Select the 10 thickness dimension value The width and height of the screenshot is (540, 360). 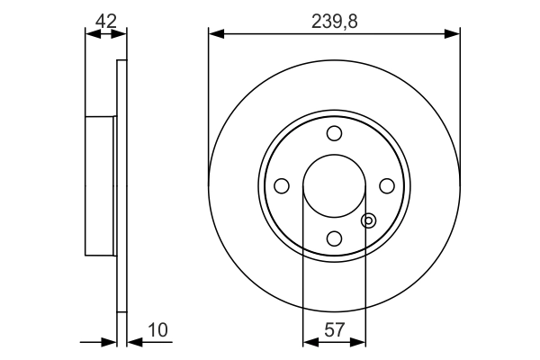(x=157, y=331)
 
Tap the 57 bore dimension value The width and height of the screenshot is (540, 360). (x=335, y=331)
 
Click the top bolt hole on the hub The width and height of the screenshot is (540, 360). (x=335, y=134)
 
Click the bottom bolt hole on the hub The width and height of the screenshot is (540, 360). (x=335, y=238)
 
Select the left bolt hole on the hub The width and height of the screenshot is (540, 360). (x=282, y=186)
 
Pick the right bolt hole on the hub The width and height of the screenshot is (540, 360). (x=387, y=186)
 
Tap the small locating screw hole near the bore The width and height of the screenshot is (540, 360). (x=367, y=220)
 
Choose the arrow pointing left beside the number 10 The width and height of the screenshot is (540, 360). (x=133, y=342)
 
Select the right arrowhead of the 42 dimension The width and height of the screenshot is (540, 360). (x=121, y=34)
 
